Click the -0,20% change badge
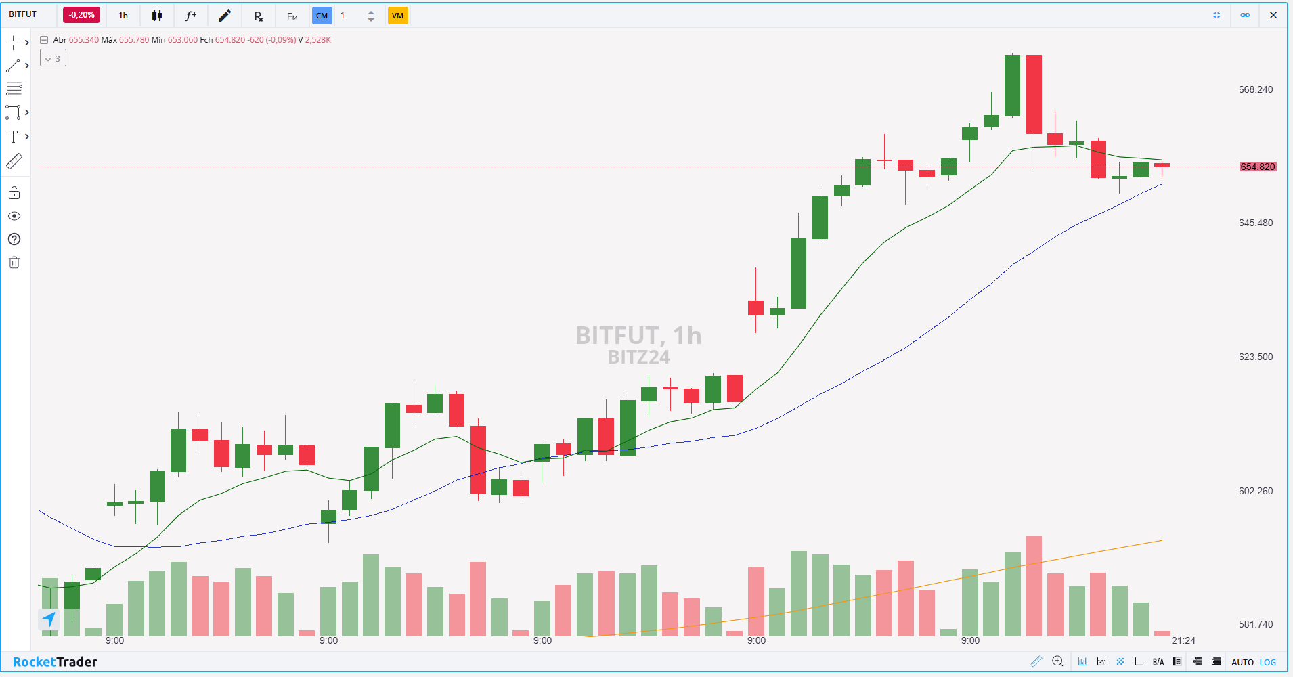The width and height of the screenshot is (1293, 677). pyautogui.click(x=81, y=15)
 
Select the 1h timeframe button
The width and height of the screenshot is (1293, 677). pyautogui.click(x=123, y=16)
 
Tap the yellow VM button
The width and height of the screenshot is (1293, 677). pyautogui.click(x=397, y=16)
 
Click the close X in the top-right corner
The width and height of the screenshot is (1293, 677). pyautogui.click(x=1273, y=15)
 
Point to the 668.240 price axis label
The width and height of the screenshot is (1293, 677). pyautogui.click(x=1255, y=89)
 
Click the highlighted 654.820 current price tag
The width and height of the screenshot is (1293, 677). pyautogui.click(x=1257, y=167)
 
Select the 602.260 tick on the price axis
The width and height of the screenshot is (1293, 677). pyautogui.click(x=1255, y=491)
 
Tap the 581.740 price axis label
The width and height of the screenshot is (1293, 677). pyautogui.click(x=1255, y=624)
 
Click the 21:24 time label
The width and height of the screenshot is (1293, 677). pyautogui.click(x=1183, y=640)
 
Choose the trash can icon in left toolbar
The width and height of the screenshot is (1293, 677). pyautogui.click(x=14, y=263)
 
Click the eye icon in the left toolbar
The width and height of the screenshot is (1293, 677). pyautogui.click(x=14, y=216)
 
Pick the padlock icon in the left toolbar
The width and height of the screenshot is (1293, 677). pyautogui.click(x=14, y=193)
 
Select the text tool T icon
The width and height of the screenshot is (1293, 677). pyautogui.click(x=13, y=137)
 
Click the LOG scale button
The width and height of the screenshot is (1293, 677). pyautogui.click(x=1268, y=662)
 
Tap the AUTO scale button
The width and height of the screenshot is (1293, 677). pyautogui.click(x=1242, y=662)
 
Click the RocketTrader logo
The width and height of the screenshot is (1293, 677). pyautogui.click(x=55, y=662)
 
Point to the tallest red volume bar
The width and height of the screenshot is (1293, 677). pyautogui.click(x=1033, y=586)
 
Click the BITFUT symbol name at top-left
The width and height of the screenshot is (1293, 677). pyautogui.click(x=23, y=14)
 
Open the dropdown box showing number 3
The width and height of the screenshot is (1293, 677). pyautogui.click(x=53, y=58)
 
